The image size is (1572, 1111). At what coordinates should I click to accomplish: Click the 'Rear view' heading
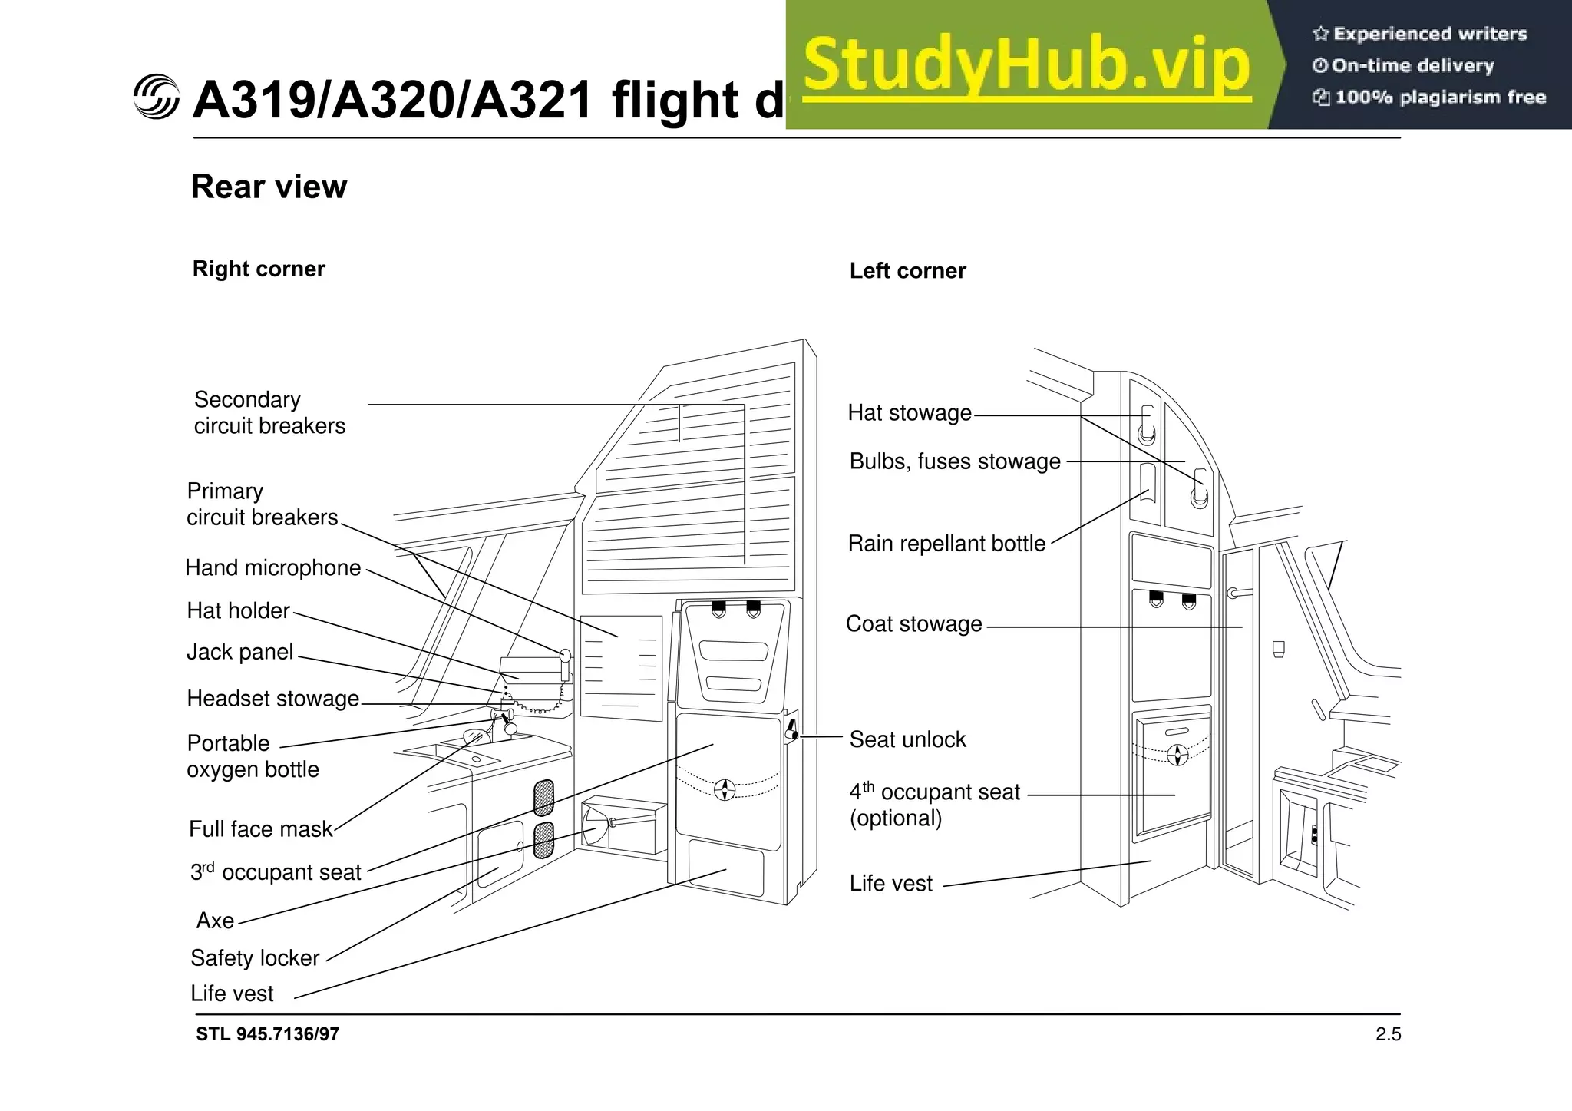[269, 187]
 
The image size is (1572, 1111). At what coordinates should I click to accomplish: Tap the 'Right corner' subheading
[259, 269]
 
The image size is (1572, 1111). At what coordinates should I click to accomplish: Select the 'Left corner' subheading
[907, 270]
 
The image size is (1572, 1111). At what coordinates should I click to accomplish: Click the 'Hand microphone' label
[272, 567]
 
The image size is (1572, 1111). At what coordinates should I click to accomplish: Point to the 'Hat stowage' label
[910, 413]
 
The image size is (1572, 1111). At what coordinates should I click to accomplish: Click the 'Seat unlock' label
[907, 739]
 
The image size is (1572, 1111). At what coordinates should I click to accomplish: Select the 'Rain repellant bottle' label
[946, 544]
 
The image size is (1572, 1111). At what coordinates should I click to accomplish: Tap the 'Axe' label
[215, 921]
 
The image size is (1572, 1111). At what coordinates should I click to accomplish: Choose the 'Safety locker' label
[254, 958]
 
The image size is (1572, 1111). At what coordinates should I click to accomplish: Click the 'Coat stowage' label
[913, 623]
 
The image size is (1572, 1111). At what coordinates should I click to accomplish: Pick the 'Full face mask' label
[260, 829]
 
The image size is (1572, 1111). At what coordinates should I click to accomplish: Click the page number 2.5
[1388, 1034]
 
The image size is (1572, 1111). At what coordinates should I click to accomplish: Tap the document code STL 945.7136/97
[267, 1034]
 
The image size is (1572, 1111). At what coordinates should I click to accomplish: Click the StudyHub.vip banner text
[1027, 65]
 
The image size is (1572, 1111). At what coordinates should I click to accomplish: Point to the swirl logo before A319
[156, 98]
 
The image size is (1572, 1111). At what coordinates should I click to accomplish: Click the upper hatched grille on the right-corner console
[543, 797]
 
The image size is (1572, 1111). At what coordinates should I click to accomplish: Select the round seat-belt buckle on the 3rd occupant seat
[725, 789]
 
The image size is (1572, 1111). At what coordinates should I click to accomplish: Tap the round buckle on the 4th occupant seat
[1177, 755]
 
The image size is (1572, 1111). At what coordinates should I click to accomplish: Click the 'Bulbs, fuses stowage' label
[955, 461]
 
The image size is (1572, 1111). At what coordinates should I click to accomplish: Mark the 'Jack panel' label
[239, 652]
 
